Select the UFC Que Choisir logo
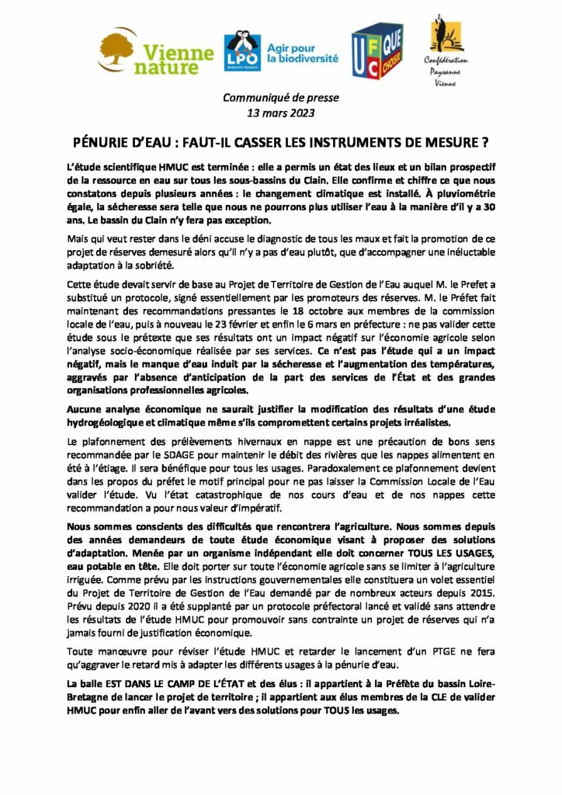[x=376, y=51]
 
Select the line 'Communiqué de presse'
[x=269, y=98]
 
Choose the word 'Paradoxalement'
[x=352, y=469]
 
